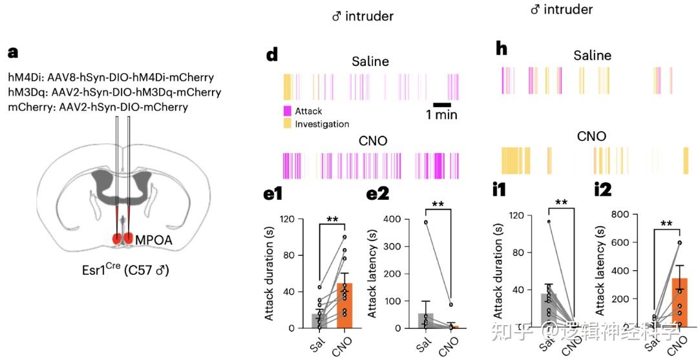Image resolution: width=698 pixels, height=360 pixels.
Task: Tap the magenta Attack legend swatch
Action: [x=288, y=111]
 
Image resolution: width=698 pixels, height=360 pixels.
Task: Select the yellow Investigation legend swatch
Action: [x=288, y=123]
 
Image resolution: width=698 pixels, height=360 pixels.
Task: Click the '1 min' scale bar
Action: [x=441, y=104]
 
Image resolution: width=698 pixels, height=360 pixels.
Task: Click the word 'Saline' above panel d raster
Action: [x=370, y=61]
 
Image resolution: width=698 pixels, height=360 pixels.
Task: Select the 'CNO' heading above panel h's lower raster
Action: [x=591, y=136]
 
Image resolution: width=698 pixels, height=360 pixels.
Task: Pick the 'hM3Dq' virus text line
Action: [x=114, y=92]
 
